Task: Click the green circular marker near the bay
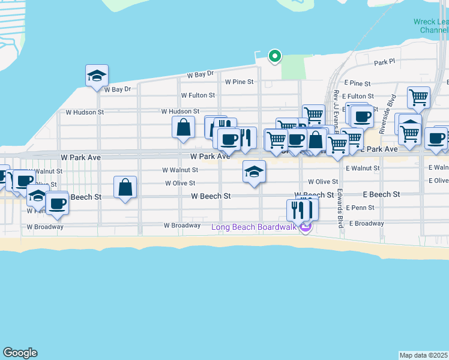pyautogui.click(x=275, y=56)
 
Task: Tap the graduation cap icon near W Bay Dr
pyautogui.click(x=97, y=76)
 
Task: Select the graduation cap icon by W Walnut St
pyautogui.click(x=255, y=172)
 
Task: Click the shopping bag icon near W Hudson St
pyautogui.click(x=183, y=127)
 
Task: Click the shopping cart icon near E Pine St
pyautogui.click(x=418, y=97)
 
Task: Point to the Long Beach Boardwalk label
pyautogui.click(x=255, y=227)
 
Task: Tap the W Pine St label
pyautogui.click(x=239, y=81)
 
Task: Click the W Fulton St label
pyautogui.click(x=197, y=95)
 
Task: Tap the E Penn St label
pyautogui.click(x=360, y=208)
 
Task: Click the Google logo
pyautogui.click(x=20, y=353)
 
